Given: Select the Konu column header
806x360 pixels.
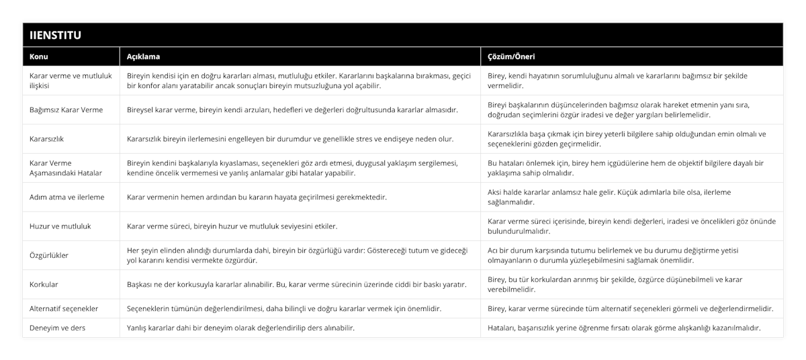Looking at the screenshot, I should tap(40, 57).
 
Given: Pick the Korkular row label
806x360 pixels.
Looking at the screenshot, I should tap(44, 284).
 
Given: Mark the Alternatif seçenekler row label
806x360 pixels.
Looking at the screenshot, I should tap(65, 309).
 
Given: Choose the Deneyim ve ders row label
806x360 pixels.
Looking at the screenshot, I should tap(58, 328).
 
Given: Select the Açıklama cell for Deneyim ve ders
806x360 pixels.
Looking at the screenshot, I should tap(241, 328).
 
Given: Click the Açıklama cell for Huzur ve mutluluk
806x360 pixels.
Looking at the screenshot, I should tap(232, 226).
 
